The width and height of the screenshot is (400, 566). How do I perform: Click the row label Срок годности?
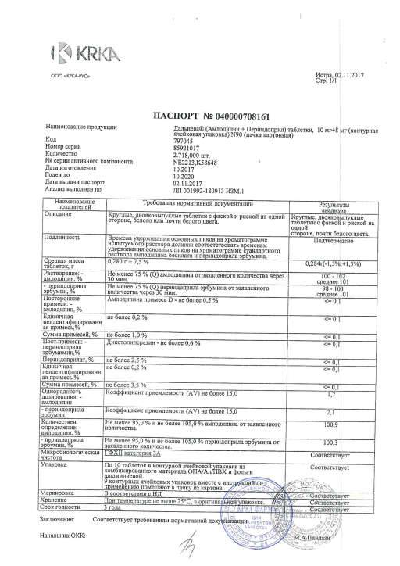(x=66, y=507)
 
